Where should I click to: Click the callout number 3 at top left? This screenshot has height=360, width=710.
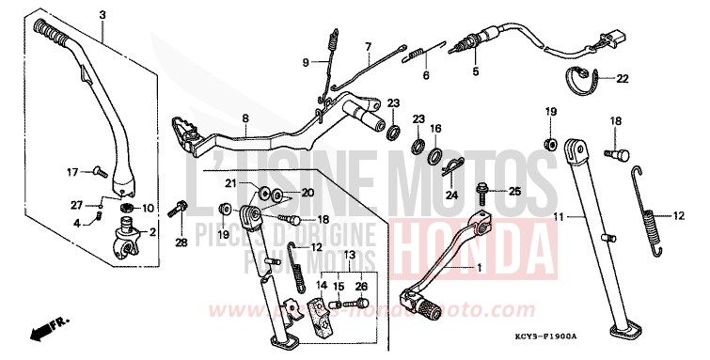pyautogui.click(x=103, y=13)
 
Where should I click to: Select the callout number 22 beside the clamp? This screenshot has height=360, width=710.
pyautogui.click(x=622, y=79)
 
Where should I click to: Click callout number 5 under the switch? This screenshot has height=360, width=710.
pyautogui.click(x=475, y=70)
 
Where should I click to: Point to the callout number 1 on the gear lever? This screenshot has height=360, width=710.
pyautogui.click(x=482, y=267)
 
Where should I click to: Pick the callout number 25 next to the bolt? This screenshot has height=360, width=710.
pyautogui.click(x=513, y=192)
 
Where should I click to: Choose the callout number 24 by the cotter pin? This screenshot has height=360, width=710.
pyautogui.click(x=451, y=196)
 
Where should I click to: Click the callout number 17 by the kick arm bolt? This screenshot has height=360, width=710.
pyautogui.click(x=70, y=172)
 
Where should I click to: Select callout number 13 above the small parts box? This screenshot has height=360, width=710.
pyautogui.click(x=348, y=255)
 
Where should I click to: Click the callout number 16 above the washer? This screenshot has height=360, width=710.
pyautogui.click(x=435, y=128)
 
